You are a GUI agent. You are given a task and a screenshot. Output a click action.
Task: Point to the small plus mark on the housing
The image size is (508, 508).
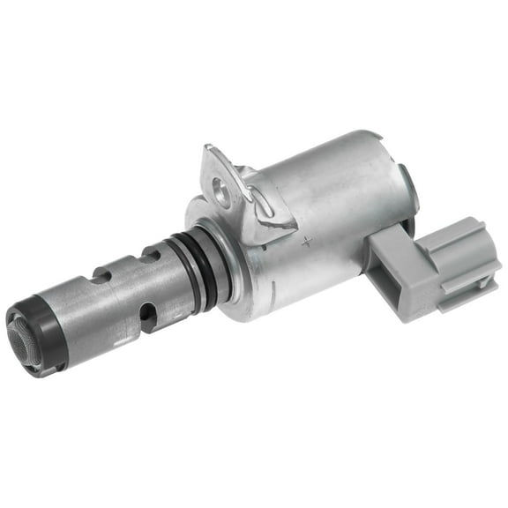pyautogui.click(x=305, y=239)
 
